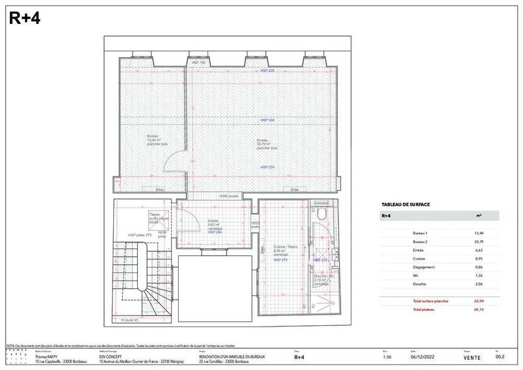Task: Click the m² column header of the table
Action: [x=480, y=215]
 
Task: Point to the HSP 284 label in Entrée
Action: [x=215, y=232]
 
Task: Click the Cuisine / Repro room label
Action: [x=281, y=247]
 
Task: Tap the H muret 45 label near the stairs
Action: [x=130, y=319]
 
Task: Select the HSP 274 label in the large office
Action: [x=267, y=166]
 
